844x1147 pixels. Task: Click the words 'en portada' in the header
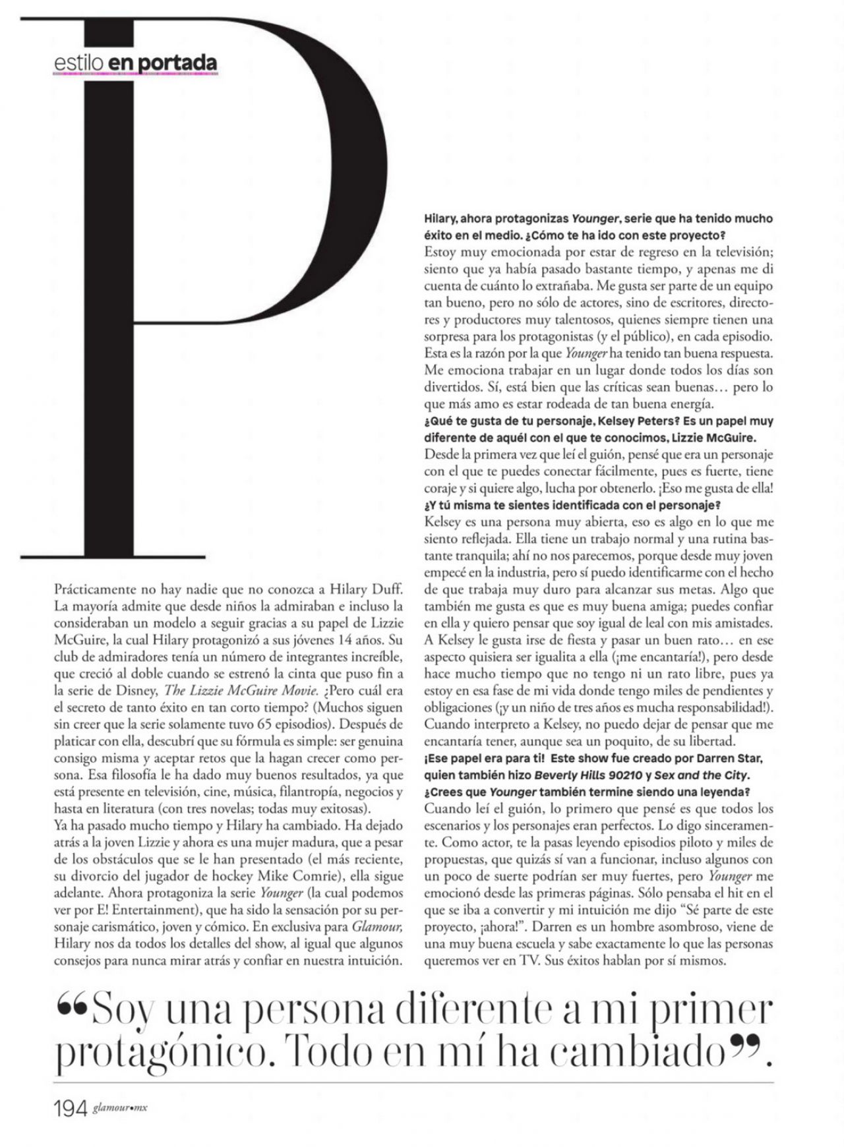(162, 63)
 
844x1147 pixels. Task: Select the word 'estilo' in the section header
(79, 63)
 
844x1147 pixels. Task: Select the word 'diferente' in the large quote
(448, 1013)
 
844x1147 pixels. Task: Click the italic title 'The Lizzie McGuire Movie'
(241, 690)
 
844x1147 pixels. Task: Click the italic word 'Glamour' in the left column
(377, 927)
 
